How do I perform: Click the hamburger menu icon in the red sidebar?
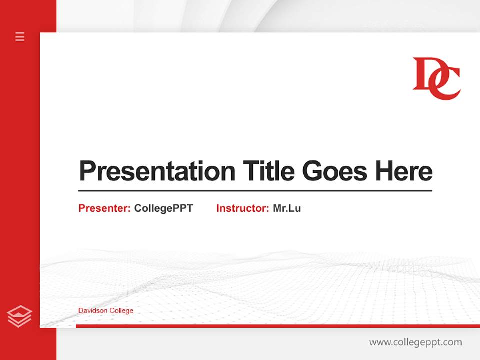tap(20, 36)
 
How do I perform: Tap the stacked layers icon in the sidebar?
tap(20, 316)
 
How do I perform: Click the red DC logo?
tap(436, 78)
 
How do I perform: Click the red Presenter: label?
tap(104, 208)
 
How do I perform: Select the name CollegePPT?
tap(163, 208)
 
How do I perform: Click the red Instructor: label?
tap(242, 208)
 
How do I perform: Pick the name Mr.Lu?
tap(287, 208)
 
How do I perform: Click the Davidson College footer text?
tap(106, 311)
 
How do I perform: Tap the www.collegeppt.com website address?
tap(415, 342)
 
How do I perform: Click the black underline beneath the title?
tap(255, 190)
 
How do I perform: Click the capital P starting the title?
tap(87, 171)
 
